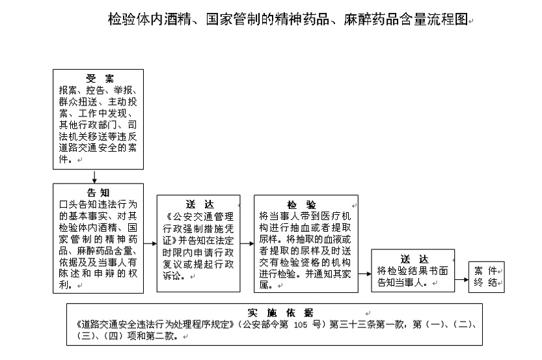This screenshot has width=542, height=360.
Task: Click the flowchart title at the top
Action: [288, 20]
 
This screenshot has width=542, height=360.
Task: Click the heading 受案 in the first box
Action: [100, 79]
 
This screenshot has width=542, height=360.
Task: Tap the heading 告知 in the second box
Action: [98, 193]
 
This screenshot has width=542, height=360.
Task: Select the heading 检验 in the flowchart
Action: [301, 204]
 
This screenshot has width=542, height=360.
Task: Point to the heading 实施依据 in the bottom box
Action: [280, 313]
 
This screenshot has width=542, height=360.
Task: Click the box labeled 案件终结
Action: [486, 277]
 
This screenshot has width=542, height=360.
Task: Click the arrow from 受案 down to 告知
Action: [94, 176]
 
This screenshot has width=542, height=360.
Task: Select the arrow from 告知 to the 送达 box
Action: [150, 244]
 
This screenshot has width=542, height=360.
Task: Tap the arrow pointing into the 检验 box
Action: [247, 244]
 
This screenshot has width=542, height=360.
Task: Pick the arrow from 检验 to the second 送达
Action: [364, 274]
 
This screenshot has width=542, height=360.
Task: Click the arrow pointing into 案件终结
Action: [461, 279]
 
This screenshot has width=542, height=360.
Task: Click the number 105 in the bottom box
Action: [300, 325]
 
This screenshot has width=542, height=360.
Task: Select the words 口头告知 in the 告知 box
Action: [78, 204]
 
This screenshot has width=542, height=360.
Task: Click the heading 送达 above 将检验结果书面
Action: [414, 259]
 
